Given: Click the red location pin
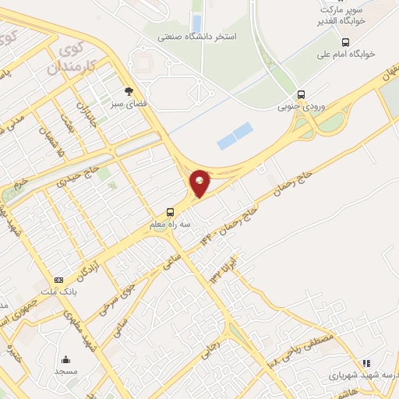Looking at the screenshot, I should [200, 182].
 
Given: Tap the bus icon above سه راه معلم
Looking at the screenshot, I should [170, 212].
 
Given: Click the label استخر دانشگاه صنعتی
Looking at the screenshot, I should [198, 37].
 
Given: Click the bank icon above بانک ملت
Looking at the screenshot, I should [58, 279].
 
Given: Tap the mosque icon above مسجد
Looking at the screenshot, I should [65, 360].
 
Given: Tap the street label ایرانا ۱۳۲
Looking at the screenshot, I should [222, 267].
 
